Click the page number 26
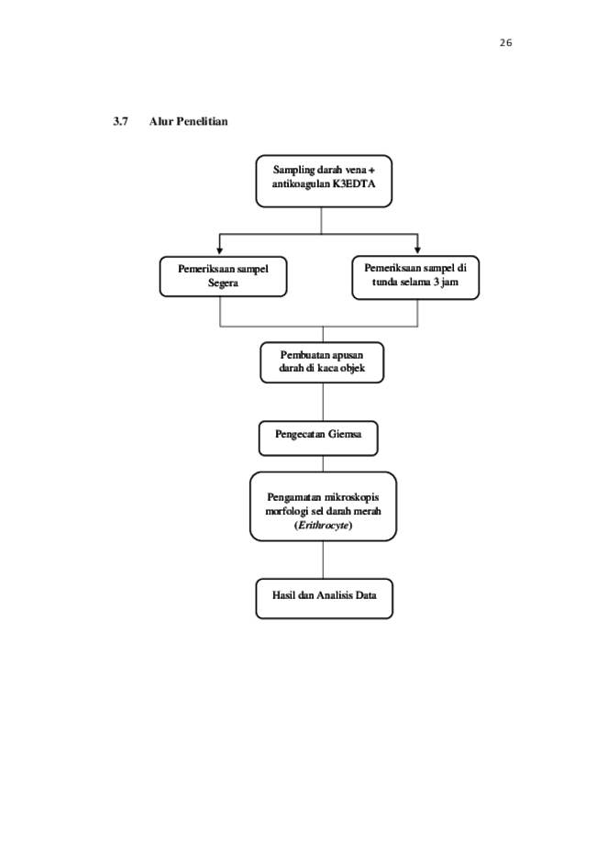(505, 42)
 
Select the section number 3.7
(120, 121)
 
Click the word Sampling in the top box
(293, 170)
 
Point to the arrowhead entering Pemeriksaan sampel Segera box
(219, 250)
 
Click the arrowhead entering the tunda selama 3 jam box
(417, 250)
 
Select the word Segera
(223, 283)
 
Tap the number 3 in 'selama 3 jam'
(435, 282)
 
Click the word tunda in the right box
(385, 282)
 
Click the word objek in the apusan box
(352, 368)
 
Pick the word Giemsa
(345, 434)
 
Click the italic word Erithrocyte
(324, 526)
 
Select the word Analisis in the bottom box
(335, 595)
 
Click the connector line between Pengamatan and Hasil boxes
(323, 560)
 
